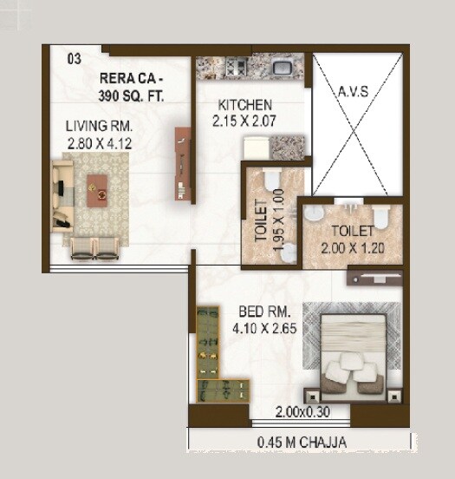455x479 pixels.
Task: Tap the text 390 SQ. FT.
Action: [x=132, y=95]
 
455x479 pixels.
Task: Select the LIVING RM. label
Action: [x=98, y=127]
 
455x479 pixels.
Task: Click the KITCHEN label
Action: [x=244, y=105]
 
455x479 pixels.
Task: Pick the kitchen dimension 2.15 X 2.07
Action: [x=244, y=121]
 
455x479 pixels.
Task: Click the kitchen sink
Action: [x=282, y=66]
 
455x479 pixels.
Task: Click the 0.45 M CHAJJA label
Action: [x=302, y=443]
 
